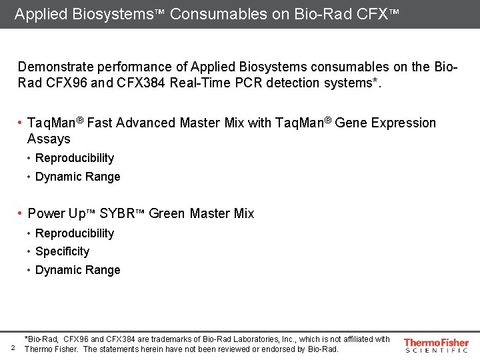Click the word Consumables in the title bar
pyautogui.click(x=211, y=13)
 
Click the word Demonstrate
pyautogui.click(x=55, y=67)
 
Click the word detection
pyautogui.click(x=315, y=83)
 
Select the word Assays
pyautogui.click(x=49, y=139)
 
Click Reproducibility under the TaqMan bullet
pyautogui.click(x=75, y=158)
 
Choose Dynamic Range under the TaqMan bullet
pyautogui.click(x=77, y=177)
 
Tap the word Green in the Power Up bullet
pyautogui.click(x=167, y=213)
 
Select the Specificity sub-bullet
pyautogui.click(x=62, y=251)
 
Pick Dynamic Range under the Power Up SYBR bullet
pyautogui.click(x=77, y=270)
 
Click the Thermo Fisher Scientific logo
pyautogui.click(x=436, y=345)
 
